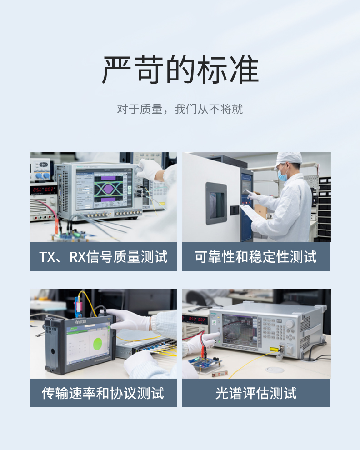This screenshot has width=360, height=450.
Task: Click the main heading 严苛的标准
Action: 180,70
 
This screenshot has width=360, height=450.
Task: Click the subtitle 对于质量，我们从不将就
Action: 180,109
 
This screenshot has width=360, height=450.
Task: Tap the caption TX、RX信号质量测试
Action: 103,256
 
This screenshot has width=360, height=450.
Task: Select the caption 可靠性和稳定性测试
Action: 255,256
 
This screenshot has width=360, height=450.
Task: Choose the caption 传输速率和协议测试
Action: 103,393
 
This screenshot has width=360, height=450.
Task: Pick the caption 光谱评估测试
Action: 256,393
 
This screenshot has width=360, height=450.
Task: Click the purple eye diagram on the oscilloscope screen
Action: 109,189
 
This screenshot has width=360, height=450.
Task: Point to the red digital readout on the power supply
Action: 43,190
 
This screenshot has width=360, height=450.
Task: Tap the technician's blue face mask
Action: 282,175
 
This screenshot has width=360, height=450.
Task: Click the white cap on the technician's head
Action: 289,159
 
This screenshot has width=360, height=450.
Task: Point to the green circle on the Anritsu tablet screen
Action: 98,344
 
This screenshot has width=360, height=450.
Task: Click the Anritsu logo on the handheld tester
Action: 80,321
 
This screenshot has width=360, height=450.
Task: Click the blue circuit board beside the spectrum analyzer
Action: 205,362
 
